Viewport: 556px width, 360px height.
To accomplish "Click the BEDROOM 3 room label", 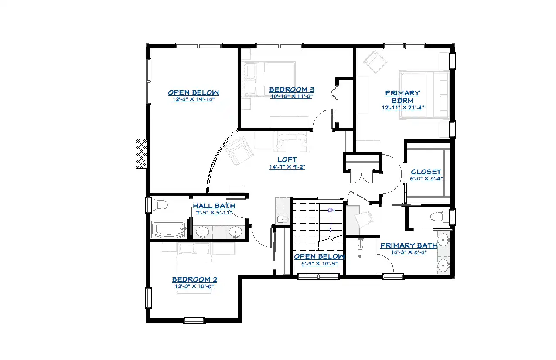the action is coord(292,89).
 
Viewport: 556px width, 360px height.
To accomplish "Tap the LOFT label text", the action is coord(287,160).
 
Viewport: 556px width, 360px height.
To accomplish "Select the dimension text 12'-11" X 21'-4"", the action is coord(403,108).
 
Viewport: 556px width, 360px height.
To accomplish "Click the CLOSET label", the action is coord(426,172).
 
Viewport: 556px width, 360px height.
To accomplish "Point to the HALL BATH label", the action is coord(214,206).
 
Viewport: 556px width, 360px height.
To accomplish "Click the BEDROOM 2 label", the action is coord(194,279).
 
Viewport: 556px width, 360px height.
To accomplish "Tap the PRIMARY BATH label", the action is coord(409,245).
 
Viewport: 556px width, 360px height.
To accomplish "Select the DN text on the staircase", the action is coord(331,211).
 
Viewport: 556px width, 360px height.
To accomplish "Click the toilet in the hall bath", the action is coord(159,205).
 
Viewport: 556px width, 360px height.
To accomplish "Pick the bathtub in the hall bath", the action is coord(169,230).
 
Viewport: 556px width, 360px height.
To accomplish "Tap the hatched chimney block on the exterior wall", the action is coord(141,154).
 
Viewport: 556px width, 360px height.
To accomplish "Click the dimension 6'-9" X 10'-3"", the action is coord(319,264).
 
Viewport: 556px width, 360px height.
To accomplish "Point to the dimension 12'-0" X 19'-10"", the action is coord(193,99).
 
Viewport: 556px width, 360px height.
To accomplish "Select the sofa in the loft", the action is coord(292,142).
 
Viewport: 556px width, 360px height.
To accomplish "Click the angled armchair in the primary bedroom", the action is coord(375,61).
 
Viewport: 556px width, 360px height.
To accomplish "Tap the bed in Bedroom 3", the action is coord(270,79).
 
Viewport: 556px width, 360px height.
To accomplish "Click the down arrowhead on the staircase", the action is coord(331,231).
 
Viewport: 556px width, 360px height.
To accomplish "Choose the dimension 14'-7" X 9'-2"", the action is coord(287,167).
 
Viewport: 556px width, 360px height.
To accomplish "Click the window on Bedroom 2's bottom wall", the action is coord(194,320).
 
